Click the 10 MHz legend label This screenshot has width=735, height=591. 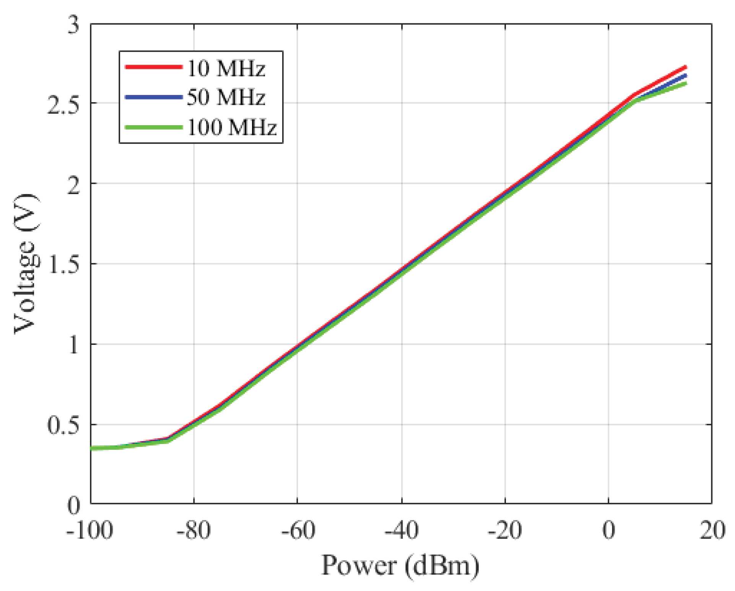(226, 69)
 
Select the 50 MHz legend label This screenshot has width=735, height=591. (226, 97)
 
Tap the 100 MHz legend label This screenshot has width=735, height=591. (232, 127)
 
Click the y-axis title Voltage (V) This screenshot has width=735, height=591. (26, 264)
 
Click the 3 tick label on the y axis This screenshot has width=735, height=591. (73, 25)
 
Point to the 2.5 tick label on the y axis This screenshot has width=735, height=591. (63, 104)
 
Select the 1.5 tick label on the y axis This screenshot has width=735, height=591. (63, 264)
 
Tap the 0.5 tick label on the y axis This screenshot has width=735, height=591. (63, 425)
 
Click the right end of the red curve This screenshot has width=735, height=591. (686, 67)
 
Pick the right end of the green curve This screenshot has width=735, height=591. (686, 83)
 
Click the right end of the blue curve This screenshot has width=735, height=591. (686, 75)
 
